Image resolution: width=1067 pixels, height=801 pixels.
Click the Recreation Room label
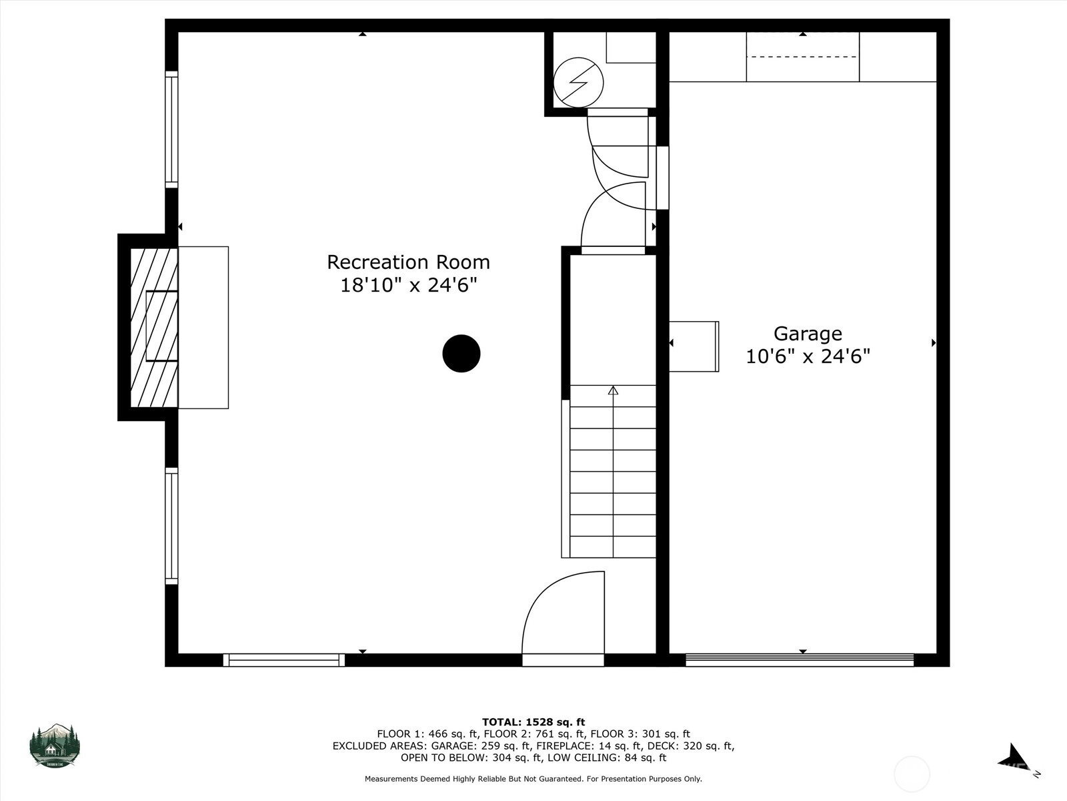408,262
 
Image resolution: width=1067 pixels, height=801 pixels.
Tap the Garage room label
808,334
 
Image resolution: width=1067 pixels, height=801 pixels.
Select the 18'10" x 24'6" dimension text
408,285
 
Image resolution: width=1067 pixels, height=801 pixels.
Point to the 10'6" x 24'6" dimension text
808,356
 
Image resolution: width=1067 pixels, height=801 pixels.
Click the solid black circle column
461,354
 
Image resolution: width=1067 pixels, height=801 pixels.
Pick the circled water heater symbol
578,82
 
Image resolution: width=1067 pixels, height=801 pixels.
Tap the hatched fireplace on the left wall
153,327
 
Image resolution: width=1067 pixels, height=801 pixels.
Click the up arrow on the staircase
613,390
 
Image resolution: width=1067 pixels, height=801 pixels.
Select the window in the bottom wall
284,660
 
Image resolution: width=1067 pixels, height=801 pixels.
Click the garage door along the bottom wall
800,660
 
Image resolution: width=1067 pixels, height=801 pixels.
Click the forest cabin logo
55,746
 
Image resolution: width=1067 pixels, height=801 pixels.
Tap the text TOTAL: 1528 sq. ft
533,722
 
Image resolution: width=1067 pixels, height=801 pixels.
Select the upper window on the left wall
171,129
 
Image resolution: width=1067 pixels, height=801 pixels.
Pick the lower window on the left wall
171,526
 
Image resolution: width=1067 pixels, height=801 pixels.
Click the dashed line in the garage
802,57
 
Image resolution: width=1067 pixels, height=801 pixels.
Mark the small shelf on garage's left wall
694,346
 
